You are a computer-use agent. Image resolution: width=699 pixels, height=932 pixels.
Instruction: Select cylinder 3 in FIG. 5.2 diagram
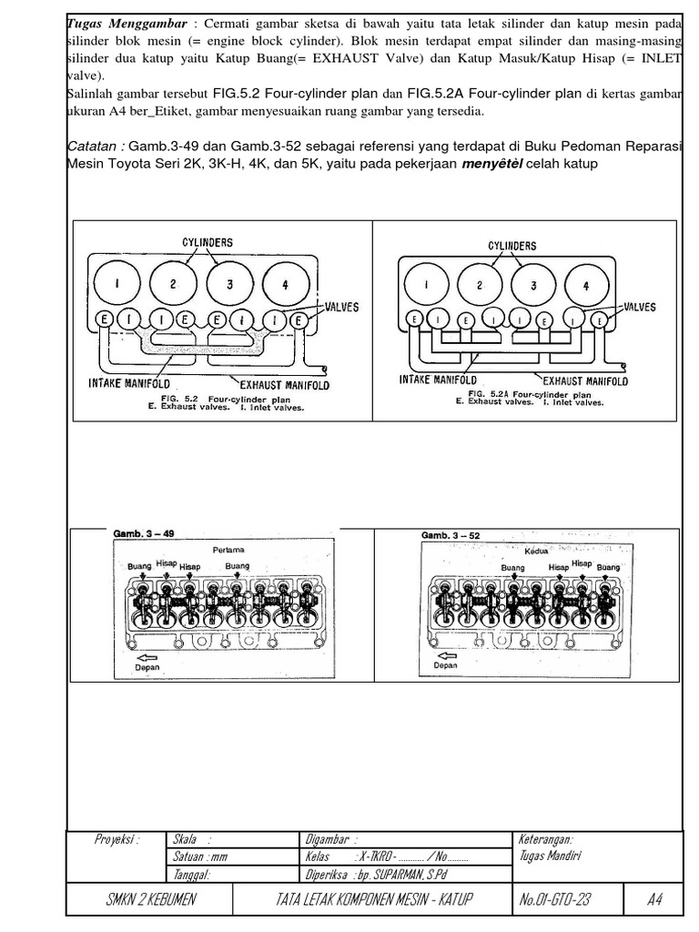click(x=231, y=283)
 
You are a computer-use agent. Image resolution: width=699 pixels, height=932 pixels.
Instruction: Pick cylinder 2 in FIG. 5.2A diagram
click(x=480, y=286)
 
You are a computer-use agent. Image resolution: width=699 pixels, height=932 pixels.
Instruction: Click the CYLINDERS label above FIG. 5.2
click(x=207, y=243)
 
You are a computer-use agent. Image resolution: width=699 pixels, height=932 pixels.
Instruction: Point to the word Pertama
click(x=228, y=550)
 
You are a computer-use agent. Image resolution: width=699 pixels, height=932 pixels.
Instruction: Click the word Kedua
click(x=537, y=549)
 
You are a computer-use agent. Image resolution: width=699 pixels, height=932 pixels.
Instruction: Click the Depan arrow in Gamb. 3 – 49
click(x=146, y=657)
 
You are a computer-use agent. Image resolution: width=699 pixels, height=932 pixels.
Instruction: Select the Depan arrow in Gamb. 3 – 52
click(x=447, y=655)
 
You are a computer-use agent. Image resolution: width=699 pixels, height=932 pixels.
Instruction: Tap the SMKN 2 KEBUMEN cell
click(x=149, y=900)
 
